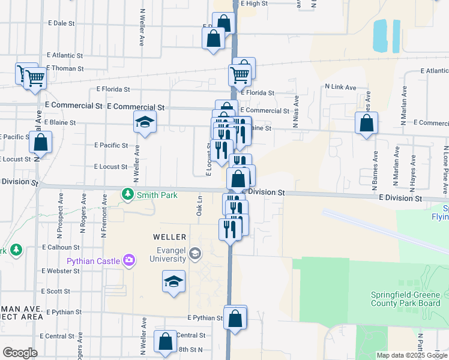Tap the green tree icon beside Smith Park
pyautogui.click(x=127, y=194)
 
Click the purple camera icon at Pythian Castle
pyautogui.click(x=128, y=260)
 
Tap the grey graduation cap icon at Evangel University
pyautogui.click(x=194, y=254)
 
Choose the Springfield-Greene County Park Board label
pyautogui.click(x=405, y=299)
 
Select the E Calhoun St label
pyautogui.click(x=61, y=247)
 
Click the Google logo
pyautogui.click(x=20, y=353)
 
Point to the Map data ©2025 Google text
pyautogui.click(x=411, y=355)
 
